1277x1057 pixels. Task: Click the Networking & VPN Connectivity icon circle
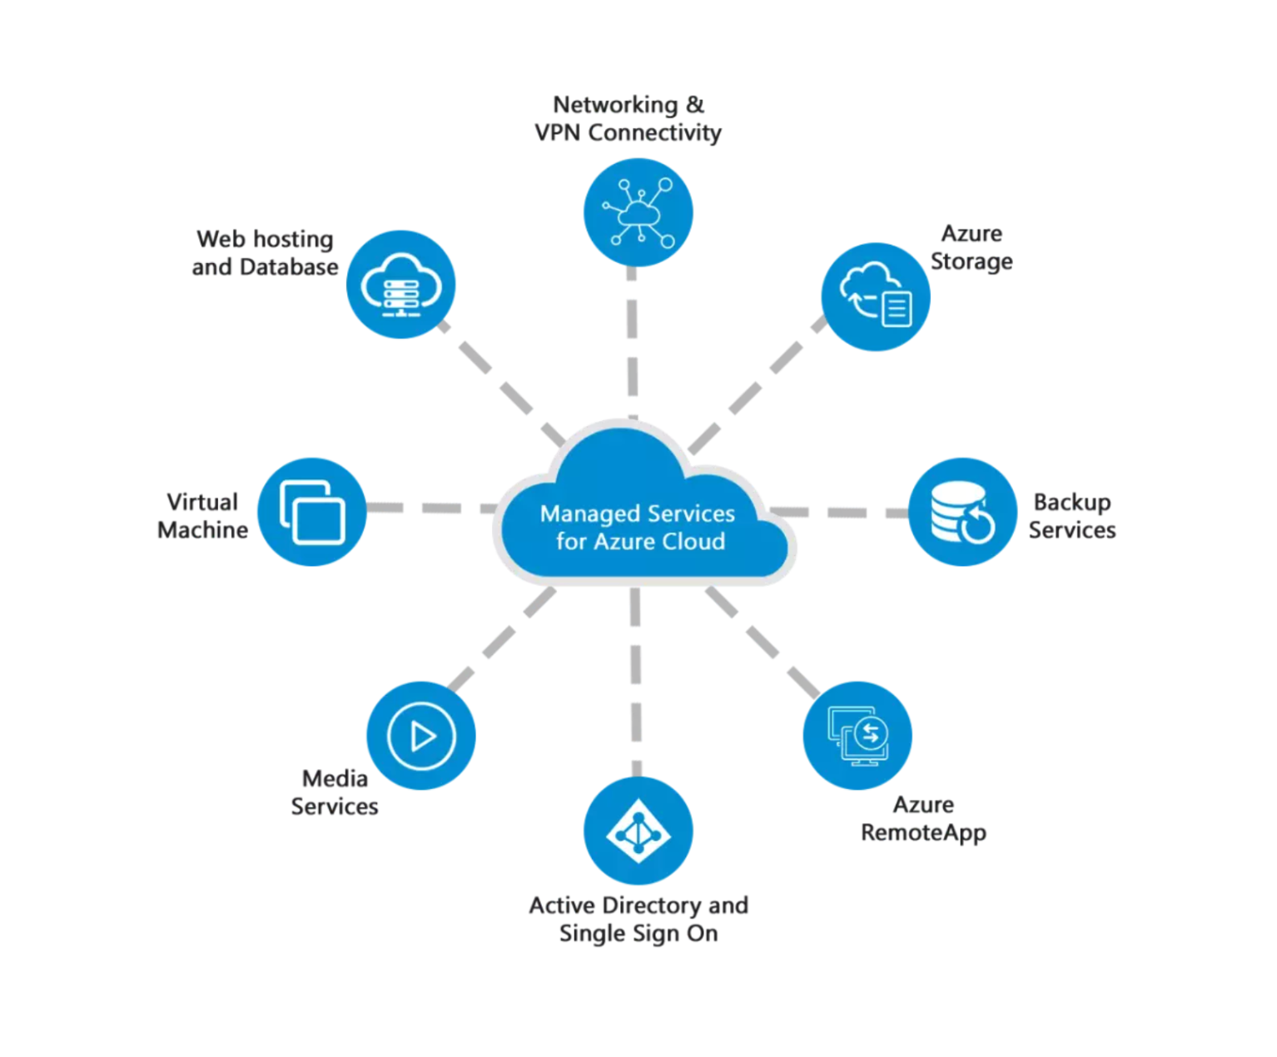click(x=638, y=212)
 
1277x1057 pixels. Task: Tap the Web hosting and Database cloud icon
click(x=400, y=285)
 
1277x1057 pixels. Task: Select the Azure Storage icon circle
click(x=876, y=296)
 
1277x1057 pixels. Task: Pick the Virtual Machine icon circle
click(x=312, y=512)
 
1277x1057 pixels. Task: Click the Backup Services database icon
click(x=962, y=512)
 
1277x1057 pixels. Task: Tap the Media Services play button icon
click(x=421, y=736)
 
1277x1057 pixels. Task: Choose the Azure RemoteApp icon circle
click(x=857, y=736)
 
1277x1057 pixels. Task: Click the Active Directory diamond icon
click(x=638, y=831)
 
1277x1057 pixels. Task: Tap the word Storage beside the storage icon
click(x=971, y=261)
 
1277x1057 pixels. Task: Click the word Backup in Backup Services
click(x=1072, y=503)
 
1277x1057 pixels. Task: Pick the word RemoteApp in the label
click(x=923, y=832)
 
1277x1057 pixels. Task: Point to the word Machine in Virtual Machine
click(x=203, y=530)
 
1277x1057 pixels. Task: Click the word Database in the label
click(x=289, y=267)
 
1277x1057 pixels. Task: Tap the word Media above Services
click(x=335, y=779)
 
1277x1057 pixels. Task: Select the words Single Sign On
click(x=638, y=934)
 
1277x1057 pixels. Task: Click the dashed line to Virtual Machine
click(x=433, y=508)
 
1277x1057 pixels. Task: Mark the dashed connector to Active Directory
click(x=636, y=682)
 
